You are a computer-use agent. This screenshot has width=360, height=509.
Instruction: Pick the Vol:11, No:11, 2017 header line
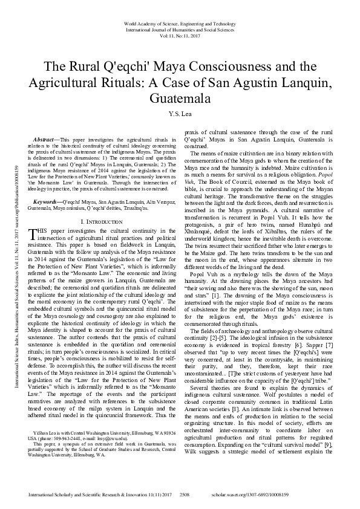pyautogui.click(x=180, y=36)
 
